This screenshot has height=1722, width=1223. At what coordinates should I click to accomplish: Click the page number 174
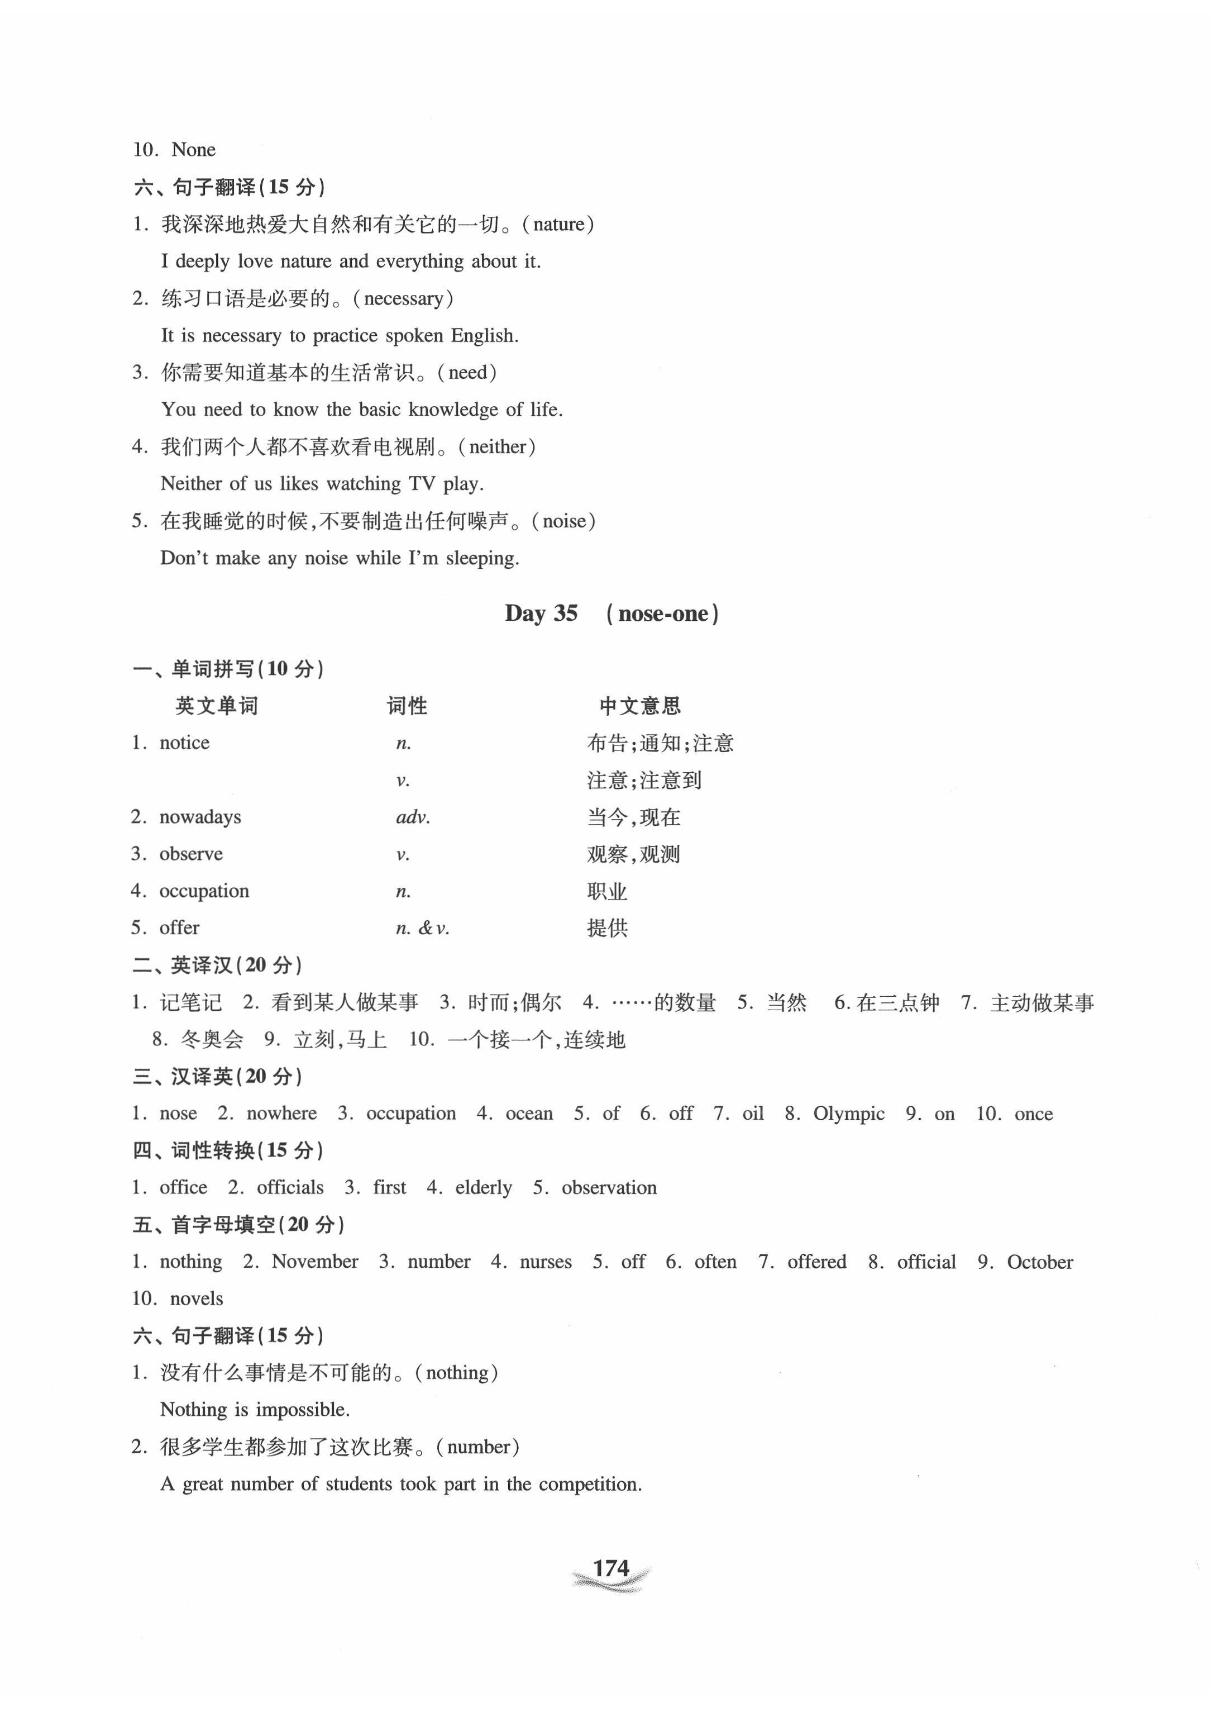coord(611,1568)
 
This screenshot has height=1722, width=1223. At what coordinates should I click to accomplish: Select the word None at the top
coord(194,149)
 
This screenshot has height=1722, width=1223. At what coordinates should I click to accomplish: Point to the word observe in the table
coord(192,854)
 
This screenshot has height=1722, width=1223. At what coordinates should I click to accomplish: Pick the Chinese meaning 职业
coord(607,891)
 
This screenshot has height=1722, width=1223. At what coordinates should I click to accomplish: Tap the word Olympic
coord(849,1114)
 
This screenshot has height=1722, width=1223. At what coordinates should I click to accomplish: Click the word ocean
coord(529,1114)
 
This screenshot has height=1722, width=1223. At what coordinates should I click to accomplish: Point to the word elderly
coord(484,1187)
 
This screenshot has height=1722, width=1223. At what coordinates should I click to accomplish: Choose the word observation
coord(609,1187)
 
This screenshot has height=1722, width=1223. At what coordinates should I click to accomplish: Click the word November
coord(315,1261)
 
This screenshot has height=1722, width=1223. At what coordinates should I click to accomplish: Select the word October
coord(1039,1261)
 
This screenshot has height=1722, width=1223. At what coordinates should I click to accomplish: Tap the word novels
coord(197,1298)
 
